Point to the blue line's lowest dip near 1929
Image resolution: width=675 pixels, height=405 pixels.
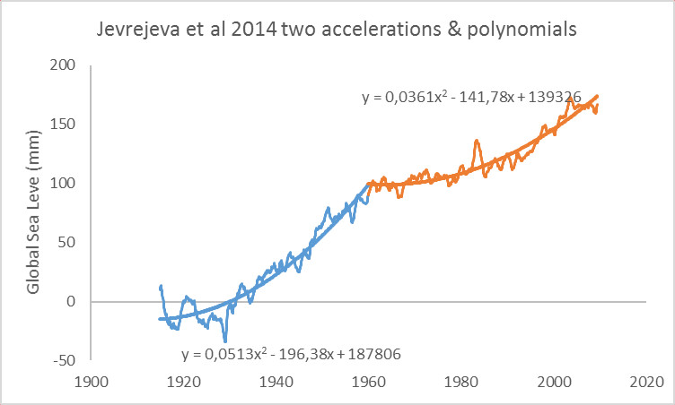click(x=225, y=340)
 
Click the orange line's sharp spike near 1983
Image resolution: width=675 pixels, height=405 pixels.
click(x=477, y=141)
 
